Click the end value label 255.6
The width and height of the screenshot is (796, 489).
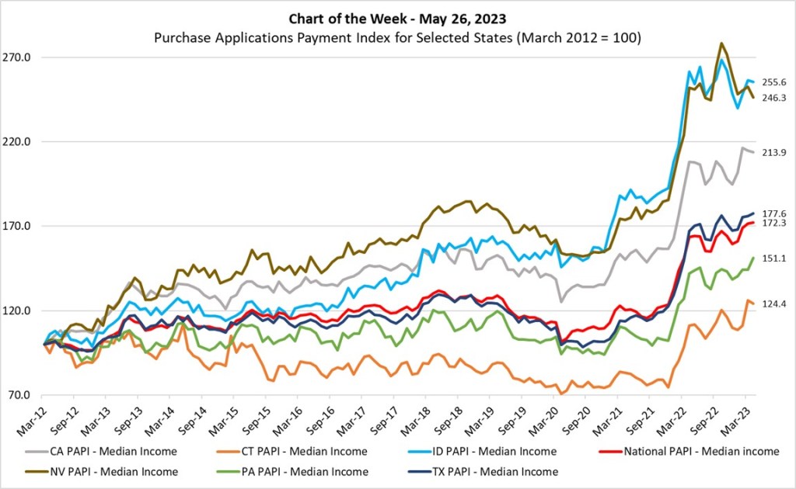pos(773,82)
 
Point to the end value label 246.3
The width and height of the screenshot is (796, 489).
pos(773,98)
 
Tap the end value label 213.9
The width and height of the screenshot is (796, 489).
pos(773,153)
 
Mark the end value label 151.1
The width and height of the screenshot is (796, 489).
pos(773,258)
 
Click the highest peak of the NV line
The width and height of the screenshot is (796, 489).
pos(722,43)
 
